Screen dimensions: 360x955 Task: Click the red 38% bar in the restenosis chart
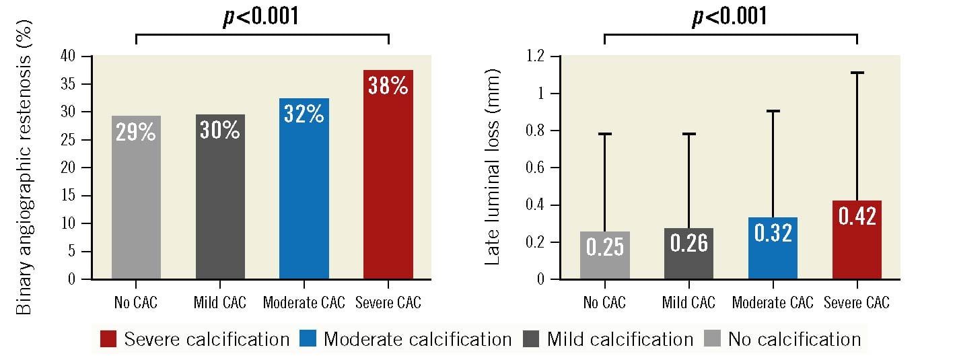tap(388, 175)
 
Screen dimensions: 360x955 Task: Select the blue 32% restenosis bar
tap(304, 188)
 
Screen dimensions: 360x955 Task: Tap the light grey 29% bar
tap(136, 199)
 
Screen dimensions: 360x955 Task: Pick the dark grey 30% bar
tap(220, 199)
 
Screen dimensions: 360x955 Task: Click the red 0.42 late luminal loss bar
tap(857, 240)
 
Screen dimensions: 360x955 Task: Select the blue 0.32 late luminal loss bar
tap(773, 248)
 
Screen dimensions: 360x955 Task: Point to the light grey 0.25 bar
tap(604, 256)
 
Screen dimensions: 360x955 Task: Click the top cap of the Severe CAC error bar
tap(857, 73)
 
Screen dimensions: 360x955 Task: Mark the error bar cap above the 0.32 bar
tap(773, 111)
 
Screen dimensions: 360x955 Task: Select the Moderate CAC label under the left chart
tap(304, 303)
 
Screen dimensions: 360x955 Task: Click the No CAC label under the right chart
tap(604, 303)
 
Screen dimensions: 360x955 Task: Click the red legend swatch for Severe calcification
tap(108, 338)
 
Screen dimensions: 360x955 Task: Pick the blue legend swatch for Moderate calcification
tap(308, 338)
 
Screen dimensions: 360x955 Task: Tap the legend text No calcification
tap(794, 339)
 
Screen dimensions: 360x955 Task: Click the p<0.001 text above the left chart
tap(261, 17)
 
